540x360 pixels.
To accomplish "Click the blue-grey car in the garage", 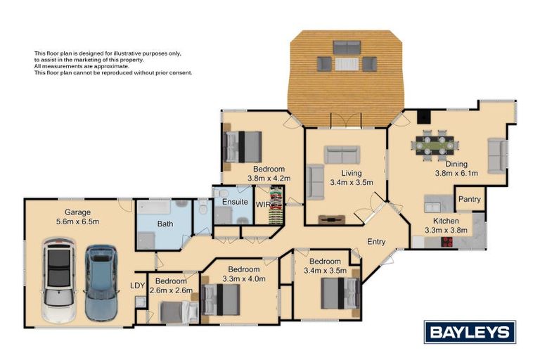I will pos(101,281).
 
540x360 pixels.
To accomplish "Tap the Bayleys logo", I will pos(470,332).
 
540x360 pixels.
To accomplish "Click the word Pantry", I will pos(470,200).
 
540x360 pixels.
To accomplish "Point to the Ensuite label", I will pos(235,202).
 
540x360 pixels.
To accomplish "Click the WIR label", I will pos(262,205).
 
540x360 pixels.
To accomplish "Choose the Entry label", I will pos(376,242).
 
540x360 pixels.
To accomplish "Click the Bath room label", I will pos(165,224).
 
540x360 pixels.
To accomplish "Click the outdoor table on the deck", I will pos(346,64).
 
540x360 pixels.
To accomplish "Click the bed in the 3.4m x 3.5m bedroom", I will pos(340,293).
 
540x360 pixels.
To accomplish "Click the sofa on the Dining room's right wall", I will pos(496,155).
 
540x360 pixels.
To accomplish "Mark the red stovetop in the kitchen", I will pos(446,242).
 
